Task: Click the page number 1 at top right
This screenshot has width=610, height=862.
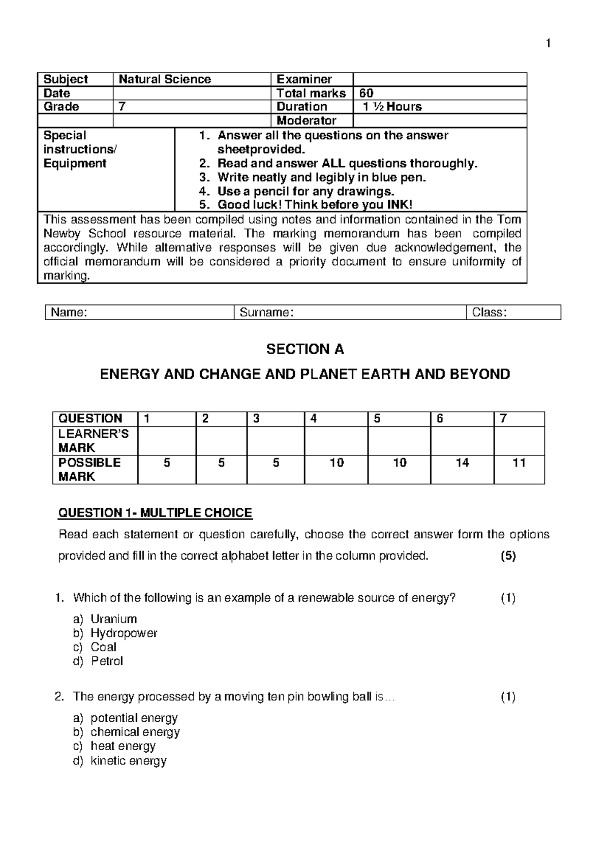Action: click(548, 44)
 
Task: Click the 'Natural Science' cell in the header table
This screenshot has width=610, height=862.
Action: click(165, 79)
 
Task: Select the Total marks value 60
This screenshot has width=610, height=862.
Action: click(366, 93)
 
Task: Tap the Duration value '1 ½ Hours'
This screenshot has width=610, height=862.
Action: click(392, 107)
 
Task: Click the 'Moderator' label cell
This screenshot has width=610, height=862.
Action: click(306, 120)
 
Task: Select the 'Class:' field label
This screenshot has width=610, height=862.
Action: click(489, 313)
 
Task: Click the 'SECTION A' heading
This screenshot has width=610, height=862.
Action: click(305, 349)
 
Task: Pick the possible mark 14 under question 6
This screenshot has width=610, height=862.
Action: click(462, 463)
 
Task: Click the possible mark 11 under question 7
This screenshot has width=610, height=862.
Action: click(519, 463)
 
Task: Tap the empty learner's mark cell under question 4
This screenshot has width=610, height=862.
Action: click(336, 441)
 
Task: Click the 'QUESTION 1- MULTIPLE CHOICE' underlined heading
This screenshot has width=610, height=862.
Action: click(155, 513)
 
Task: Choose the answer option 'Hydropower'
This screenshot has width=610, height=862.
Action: click(124, 633)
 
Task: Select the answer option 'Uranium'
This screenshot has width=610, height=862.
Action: click(114, 619)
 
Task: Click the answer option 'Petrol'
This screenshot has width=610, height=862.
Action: click(107, 661)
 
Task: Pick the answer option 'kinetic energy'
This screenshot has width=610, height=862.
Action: click(129, 761)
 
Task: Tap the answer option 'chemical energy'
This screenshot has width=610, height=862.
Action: click(135, 732)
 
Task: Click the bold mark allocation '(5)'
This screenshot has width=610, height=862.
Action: click(508, 556)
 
